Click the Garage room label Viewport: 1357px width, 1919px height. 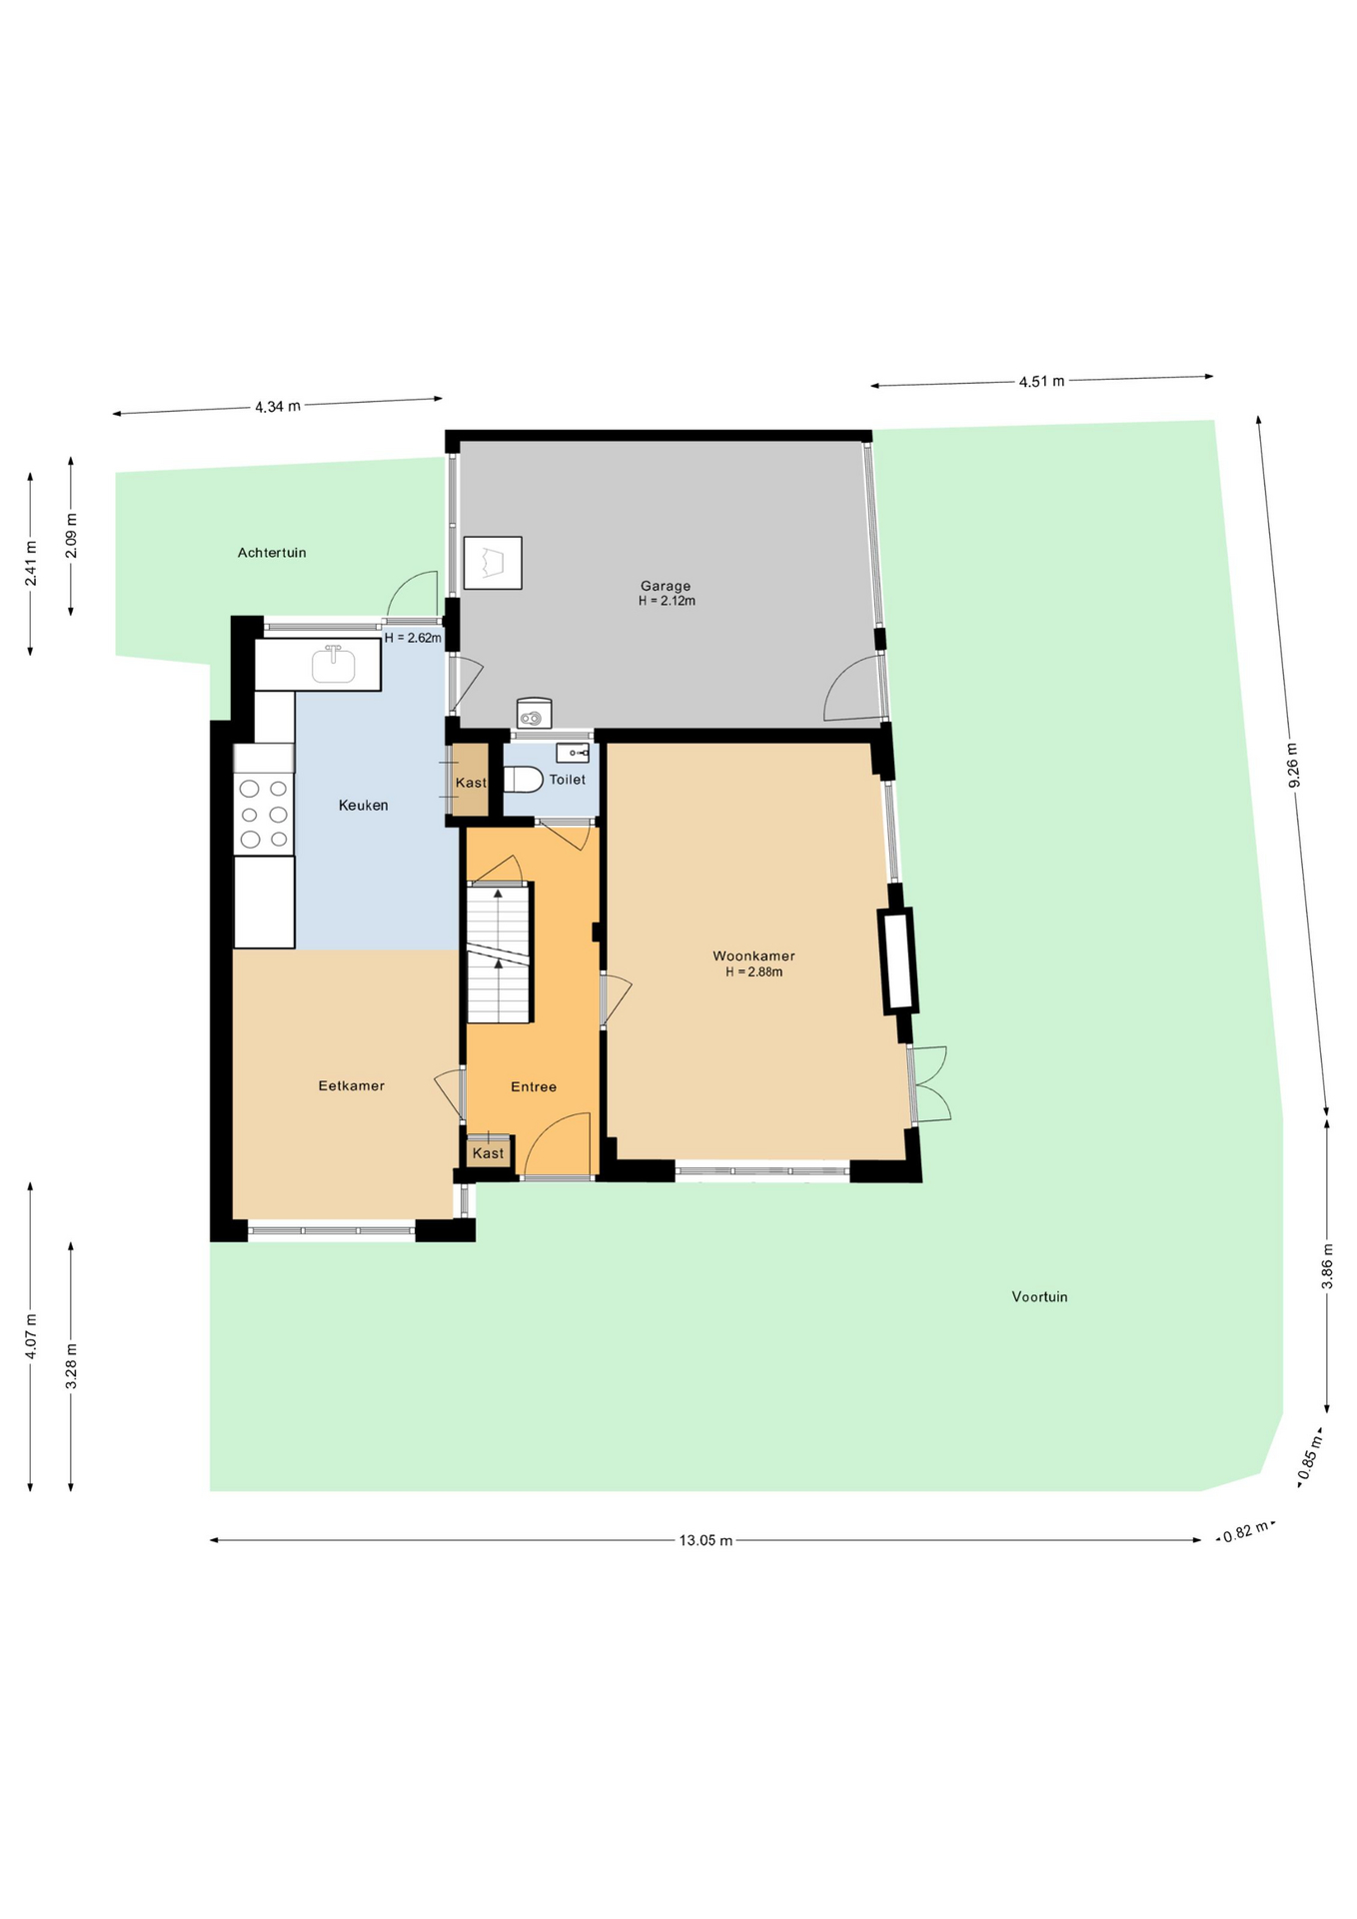pos(666,586)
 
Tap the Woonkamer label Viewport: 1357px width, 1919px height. pos(753,956)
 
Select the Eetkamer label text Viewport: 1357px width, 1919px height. pos(351,1085)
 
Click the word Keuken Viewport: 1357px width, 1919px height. pos(363,805)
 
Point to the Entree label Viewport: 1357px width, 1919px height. pos(534,1086)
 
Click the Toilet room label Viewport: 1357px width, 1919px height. pos(568,779)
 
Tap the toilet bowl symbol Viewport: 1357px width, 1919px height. pos(523,779)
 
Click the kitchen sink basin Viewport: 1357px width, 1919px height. pos(334,664)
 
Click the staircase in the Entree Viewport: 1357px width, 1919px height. pos(499,952)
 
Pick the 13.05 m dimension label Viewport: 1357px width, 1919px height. pos(705,1540)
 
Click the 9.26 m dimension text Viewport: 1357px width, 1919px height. pos(1294,766)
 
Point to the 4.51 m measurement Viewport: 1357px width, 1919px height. pos(1041,381)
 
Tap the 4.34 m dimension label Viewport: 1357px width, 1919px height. pos(278,407)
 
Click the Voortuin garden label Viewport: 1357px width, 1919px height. pos(1039,1296)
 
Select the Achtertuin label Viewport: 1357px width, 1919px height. pos(272,552)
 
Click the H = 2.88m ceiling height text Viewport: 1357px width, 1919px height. pos(753,971)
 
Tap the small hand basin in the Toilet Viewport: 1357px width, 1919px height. pos(574,753)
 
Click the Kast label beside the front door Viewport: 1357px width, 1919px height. pos(488,1152)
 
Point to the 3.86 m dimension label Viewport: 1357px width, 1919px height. pos(1328,1265)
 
